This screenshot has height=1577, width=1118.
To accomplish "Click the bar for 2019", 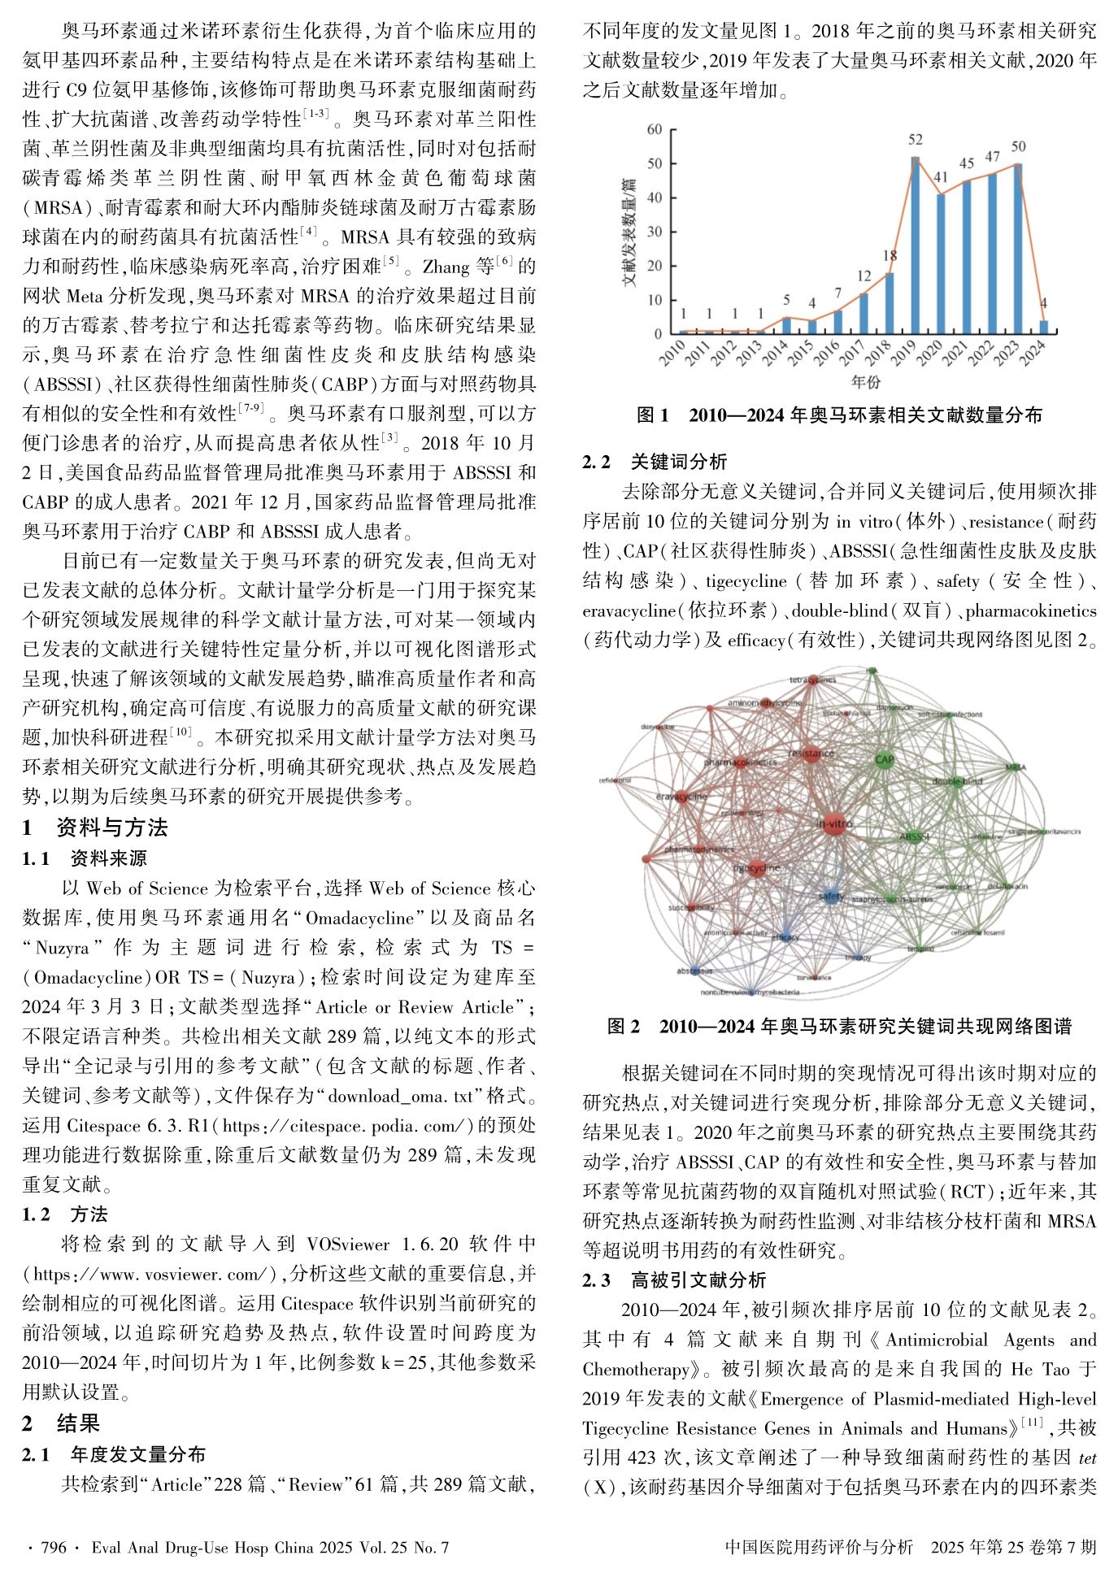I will (915, 245).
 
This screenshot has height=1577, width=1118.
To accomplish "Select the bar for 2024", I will (1044, 327).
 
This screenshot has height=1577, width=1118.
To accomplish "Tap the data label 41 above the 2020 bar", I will (941, 177).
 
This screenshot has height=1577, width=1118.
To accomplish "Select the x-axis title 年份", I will (865, 382).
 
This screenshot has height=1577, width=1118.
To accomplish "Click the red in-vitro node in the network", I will (833, 824).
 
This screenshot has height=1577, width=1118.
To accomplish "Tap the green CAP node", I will (885, 760).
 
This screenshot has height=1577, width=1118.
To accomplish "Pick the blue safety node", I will (830, 897).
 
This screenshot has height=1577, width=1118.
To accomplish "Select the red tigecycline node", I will (757, 868).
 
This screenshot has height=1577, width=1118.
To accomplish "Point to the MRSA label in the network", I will (1016, 767).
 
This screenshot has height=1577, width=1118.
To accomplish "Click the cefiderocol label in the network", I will (615, 780).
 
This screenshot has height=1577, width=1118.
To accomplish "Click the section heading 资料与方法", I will (112, 828).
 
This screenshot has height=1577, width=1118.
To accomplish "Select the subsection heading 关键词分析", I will (679, 462).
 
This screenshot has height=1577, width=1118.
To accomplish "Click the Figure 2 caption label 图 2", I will (624, 1026).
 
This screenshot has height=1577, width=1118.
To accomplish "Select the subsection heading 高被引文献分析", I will (698, 1280).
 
